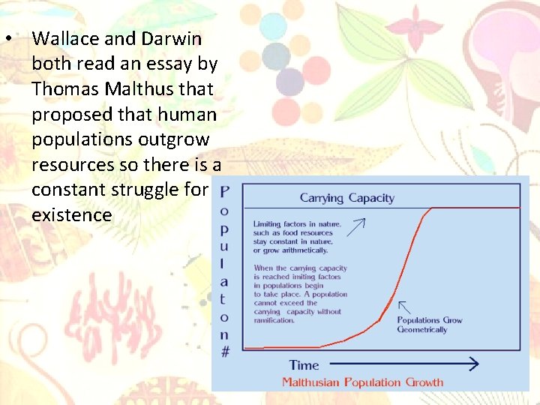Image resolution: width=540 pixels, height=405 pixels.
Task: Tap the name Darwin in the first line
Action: [173, 38]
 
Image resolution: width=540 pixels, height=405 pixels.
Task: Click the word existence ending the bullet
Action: [72, 215]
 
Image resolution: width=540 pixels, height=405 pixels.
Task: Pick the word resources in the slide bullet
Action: [71, 165]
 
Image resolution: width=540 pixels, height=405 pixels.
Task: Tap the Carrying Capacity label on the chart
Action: [346, 198]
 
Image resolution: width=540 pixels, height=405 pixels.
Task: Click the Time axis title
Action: [304, 365]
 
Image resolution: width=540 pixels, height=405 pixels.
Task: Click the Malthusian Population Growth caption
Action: [362, 382]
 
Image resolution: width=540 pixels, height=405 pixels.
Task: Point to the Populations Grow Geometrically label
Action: [429, 325]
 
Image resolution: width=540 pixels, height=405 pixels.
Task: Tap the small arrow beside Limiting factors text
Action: [355, 224]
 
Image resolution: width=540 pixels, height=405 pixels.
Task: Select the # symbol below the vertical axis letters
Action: [225, 351]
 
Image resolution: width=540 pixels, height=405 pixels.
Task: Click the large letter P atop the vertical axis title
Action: [225, 191]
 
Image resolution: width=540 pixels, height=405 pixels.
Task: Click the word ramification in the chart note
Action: [274, 320]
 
